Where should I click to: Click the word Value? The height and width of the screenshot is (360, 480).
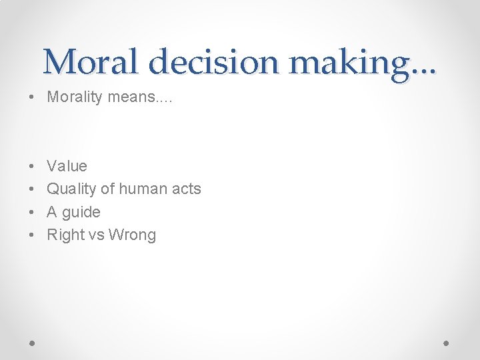point(67,166)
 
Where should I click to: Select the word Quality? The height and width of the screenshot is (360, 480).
point(71,189)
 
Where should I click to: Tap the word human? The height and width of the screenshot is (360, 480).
point(143,189)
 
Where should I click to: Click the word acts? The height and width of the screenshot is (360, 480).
point(186,189)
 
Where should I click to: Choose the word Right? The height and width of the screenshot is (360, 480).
point(66,235)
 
